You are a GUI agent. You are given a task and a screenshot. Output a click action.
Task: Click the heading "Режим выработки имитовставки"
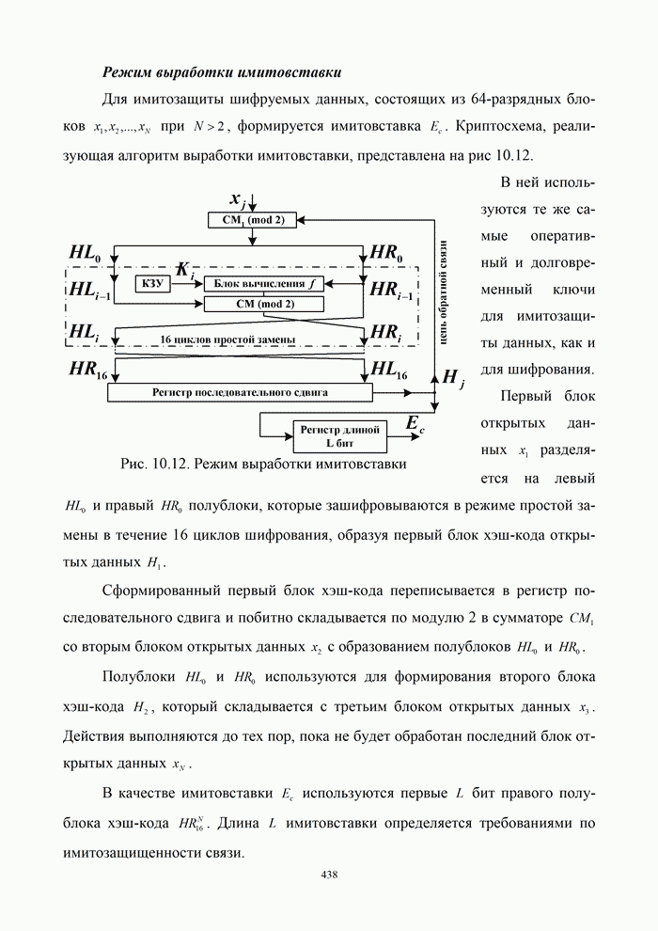coord(222,71)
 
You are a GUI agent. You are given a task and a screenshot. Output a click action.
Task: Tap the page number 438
coord(329,875)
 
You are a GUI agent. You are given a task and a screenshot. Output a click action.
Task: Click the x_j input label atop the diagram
coord(239,198)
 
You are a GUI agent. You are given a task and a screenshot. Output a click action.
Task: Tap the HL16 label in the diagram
coord(389,370)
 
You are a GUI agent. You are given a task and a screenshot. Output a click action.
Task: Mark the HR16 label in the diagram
coord(91,370)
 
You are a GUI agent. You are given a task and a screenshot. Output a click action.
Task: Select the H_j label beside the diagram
coord(452,378)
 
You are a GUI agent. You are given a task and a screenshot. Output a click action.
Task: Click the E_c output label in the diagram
coord(415,424)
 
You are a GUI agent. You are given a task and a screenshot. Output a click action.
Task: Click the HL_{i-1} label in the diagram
coord(89,292)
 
